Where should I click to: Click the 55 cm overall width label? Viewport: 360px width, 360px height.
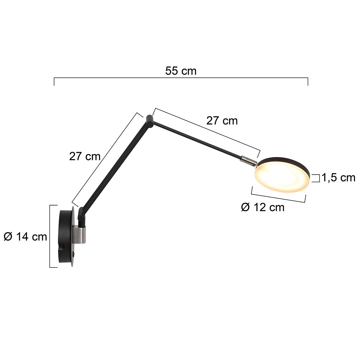pyautogui.click(x=181, y=71)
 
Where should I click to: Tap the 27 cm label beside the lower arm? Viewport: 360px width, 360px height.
pyautogui.click(x=85, y=156)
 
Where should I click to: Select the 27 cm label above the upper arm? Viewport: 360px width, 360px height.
pyautogui.click(x=222, y=121)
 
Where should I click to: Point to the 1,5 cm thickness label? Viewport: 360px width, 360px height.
pyautogui.click(x=338, y=178)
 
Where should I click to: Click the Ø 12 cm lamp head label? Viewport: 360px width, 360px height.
pyautogui.click(x=262, y=207)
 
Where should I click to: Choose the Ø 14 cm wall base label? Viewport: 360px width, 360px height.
pyautogui.click(x=25, y=237)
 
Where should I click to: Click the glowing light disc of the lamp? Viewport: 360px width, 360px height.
pyautogui.click(x=281, y=177)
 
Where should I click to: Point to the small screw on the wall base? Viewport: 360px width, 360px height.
pyautogui.click(x=62, y=246)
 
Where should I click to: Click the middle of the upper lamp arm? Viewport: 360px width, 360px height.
pyautogui.click(x=198, y=139)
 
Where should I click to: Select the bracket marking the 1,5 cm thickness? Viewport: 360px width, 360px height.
pyautogui.click(x=316, y=178)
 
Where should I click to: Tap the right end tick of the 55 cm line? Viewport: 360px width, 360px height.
pyautogui.click(x=308, y=82)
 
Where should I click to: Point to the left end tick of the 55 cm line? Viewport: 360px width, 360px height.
pyautogui.click(x=54, y=82)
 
